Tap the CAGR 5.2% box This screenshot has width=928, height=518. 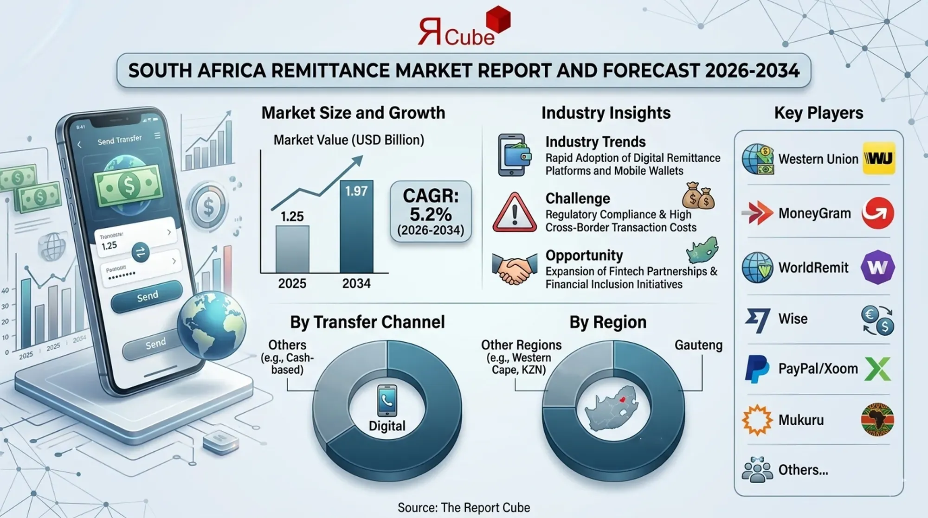click(x=431, y=211)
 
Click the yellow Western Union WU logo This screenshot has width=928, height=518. click(x=879, y=159)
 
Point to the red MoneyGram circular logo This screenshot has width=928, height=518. click(x=877, y=213)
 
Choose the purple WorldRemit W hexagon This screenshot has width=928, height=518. click(x=877, y=267)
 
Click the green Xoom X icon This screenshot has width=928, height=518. click(x=877, y=369)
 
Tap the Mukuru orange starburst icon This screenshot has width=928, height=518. click(x=757, y=420)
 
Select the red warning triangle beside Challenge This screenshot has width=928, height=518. click(x=515, y=213)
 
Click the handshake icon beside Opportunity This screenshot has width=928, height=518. click(x=512, y=269)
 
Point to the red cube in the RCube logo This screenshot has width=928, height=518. click(x=498, y=19)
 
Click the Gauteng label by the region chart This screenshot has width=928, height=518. click(x=698, y=345)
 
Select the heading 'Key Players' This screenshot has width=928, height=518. click(x=818, y=113)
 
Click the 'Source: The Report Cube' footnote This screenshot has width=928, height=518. click(x=464, y=507)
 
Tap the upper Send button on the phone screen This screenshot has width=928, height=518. click(x=147, y=296)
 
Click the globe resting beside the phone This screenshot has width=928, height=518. click(x=212, y=325)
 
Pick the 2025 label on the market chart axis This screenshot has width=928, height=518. click(x=292, y=283)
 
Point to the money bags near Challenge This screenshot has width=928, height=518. click(x=698, y=196)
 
